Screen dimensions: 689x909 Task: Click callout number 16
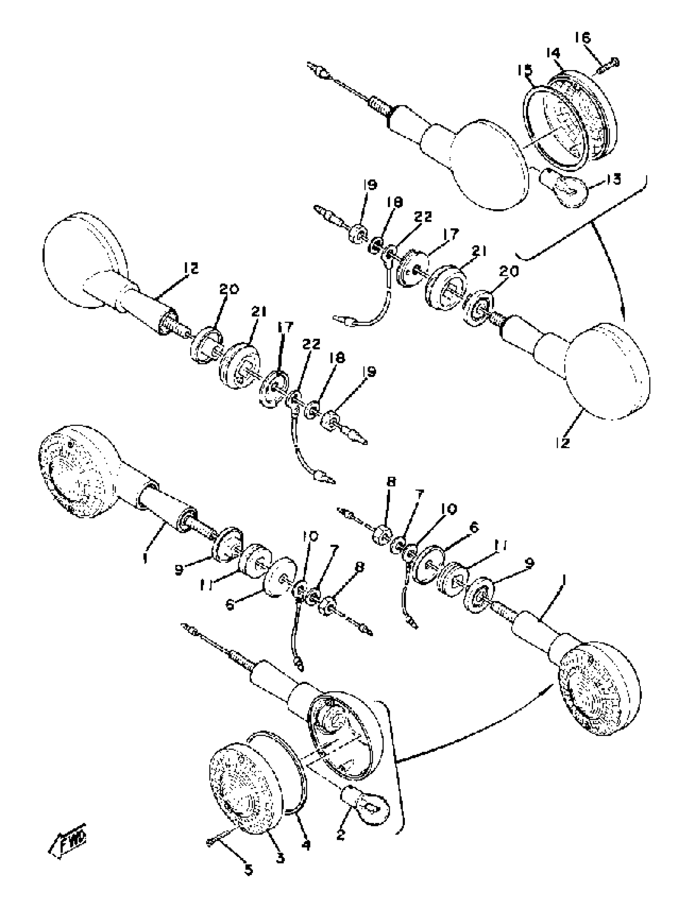[582, 38]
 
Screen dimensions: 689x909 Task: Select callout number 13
[613, 180]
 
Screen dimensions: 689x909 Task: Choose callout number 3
[280, 858]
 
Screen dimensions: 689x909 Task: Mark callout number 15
[524, 70]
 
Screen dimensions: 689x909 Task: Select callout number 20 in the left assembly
[229, 290]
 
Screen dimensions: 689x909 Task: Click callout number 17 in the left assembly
[285, 328]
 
